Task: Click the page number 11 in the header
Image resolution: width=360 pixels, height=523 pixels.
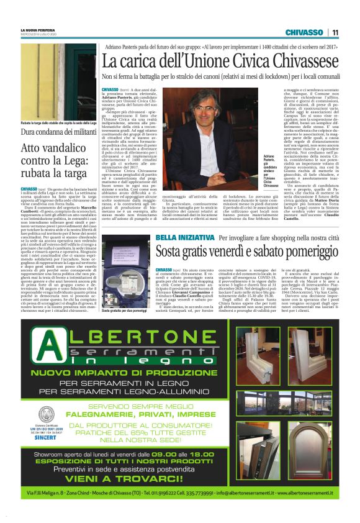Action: [335, 32]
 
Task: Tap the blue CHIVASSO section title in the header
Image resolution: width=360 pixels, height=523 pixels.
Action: [305, 32]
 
